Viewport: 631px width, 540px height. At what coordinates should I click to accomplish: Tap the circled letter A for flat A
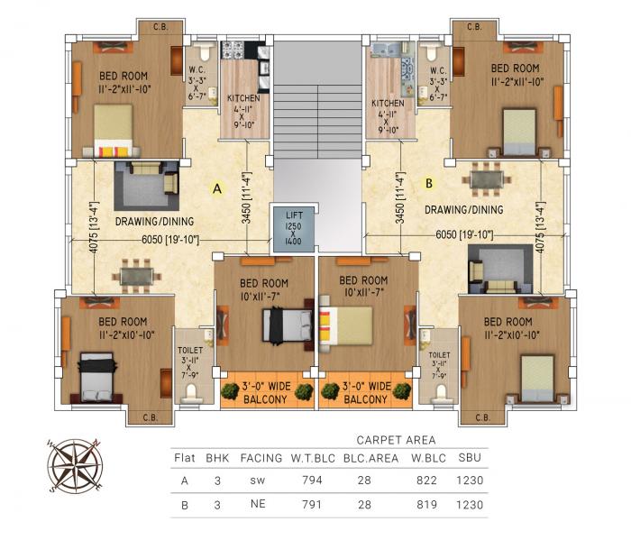click(216, 188)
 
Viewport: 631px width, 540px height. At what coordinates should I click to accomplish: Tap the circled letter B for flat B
click(429, 183)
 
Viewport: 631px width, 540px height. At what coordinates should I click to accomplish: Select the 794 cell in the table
click(302, 481)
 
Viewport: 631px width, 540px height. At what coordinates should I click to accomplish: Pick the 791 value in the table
click(302, 506)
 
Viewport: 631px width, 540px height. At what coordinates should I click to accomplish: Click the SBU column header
click(470, 457)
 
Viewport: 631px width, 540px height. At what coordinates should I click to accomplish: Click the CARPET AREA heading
click(396, 440)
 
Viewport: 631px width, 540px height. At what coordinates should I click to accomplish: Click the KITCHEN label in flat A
click(244, 98)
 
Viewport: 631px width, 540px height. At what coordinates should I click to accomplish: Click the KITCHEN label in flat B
click(388, 103)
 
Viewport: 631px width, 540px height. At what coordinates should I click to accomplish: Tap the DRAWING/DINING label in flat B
click(463, 210)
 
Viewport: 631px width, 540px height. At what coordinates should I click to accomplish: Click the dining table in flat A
click(137, 272)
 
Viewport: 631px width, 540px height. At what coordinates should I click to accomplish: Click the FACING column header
click(261, 457)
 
